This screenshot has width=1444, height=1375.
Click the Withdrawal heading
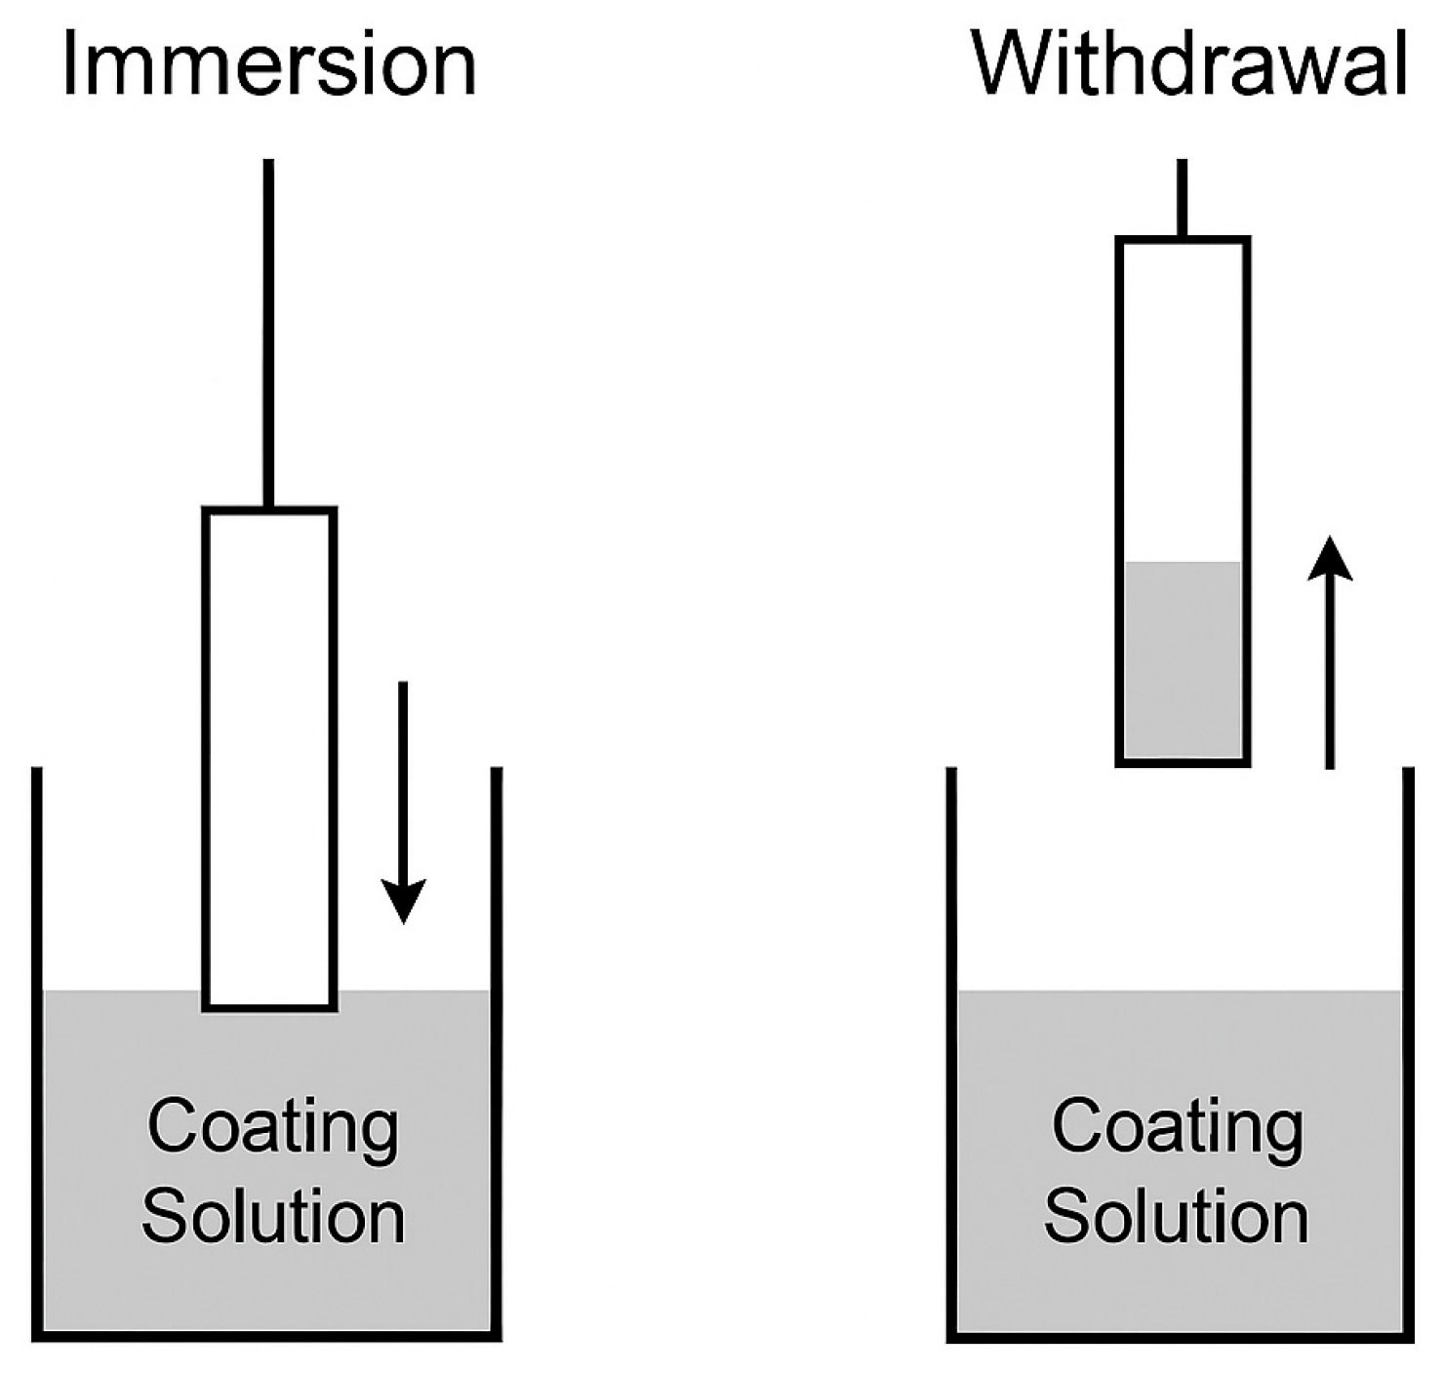(1189, 64)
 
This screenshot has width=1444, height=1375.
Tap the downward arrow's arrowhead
(403, 901)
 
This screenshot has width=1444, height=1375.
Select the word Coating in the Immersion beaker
(273, 1127)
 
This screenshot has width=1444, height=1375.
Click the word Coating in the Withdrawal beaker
(1178, 1127)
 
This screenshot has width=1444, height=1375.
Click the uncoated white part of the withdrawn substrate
(1183, 400)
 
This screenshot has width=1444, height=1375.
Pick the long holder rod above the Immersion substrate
(268, 332)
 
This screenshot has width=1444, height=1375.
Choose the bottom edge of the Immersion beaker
(266, 1335)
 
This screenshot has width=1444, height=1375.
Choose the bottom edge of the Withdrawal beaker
(1180, 1336)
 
